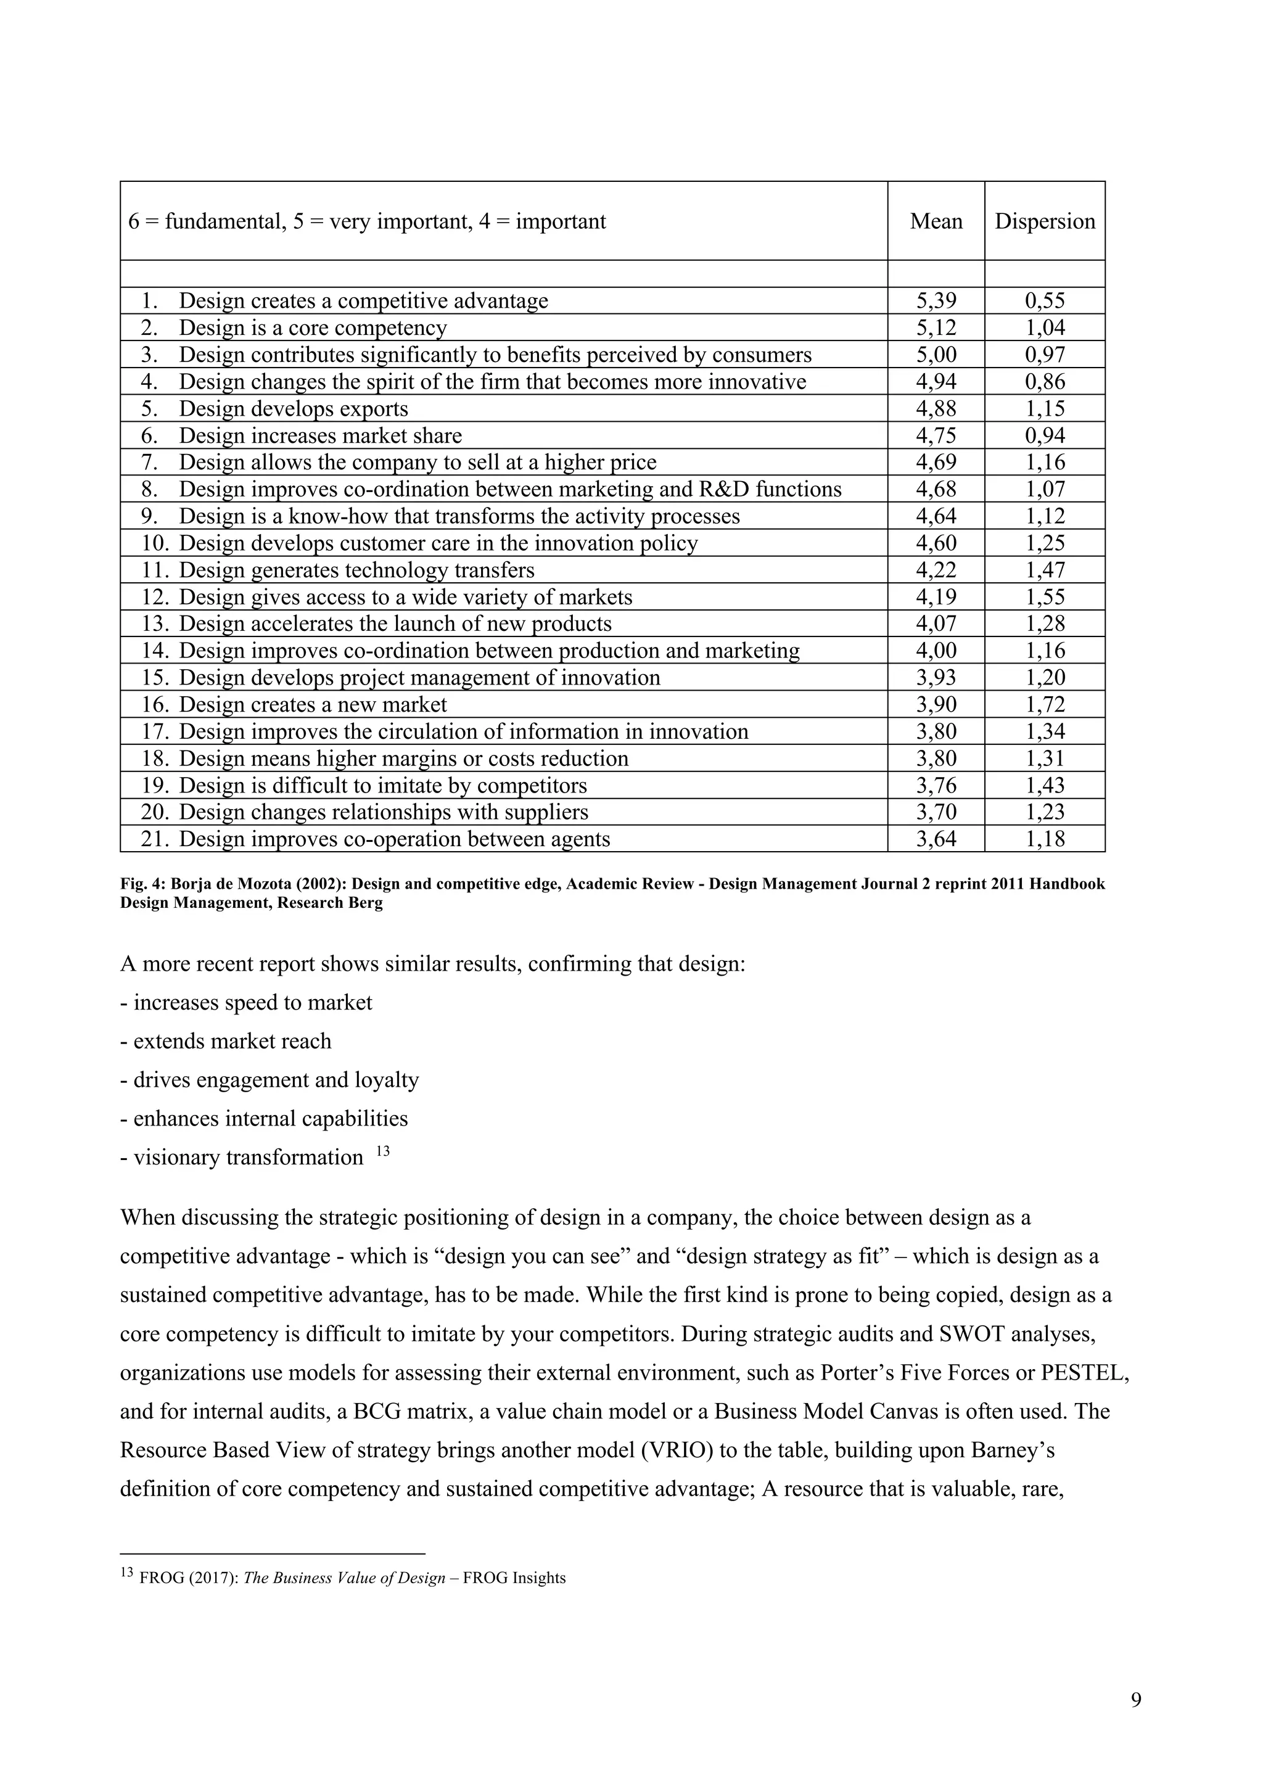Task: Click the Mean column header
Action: pos(936,221)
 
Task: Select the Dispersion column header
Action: pos(1045,221)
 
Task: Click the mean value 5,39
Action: pos(936,301)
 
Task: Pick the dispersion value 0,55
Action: pos(1045,301)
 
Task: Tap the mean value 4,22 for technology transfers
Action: pos(936,570)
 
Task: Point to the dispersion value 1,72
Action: pos(1045,705)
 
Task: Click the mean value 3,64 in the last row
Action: pos(936,839)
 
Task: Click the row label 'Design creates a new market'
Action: pos(313,705)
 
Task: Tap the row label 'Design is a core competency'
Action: pos(313,328)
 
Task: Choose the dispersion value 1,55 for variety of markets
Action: pos(1045,598)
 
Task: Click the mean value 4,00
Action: pos(936,651)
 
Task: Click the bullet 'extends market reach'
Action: pos(232,1041)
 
